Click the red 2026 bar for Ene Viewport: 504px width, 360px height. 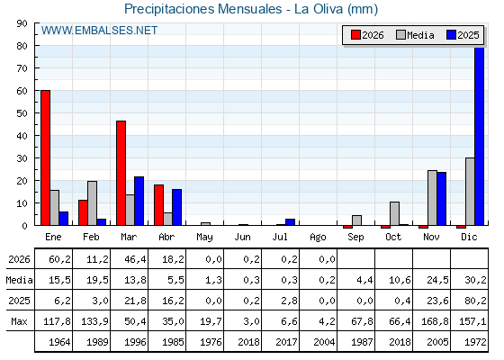coord(45,157)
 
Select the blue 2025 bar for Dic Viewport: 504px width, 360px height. coord(479,136)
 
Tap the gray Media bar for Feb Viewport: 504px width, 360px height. coord(92,203)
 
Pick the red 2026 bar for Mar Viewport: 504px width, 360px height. coord(121,173)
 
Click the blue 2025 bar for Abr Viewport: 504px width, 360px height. coord(176,207)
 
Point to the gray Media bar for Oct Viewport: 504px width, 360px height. coord(395,213)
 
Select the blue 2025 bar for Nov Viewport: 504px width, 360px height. coord(441,199)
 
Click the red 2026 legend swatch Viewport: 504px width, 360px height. coord(355,35)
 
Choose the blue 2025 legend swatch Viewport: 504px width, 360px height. coord(451,35)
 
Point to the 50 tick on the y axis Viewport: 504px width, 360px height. coord(22,113)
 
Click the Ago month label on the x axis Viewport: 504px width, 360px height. coord(318,238)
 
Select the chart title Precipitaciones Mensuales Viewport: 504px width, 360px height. coord(202,9)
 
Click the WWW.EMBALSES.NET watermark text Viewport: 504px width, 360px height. coord(99,31)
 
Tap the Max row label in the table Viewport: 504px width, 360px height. coord(19,321)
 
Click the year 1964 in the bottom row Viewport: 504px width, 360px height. coord(59,342)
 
